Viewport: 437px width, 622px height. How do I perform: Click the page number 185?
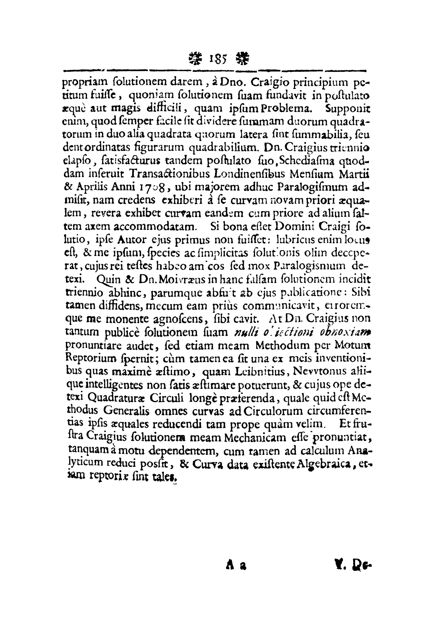coord(219,60)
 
